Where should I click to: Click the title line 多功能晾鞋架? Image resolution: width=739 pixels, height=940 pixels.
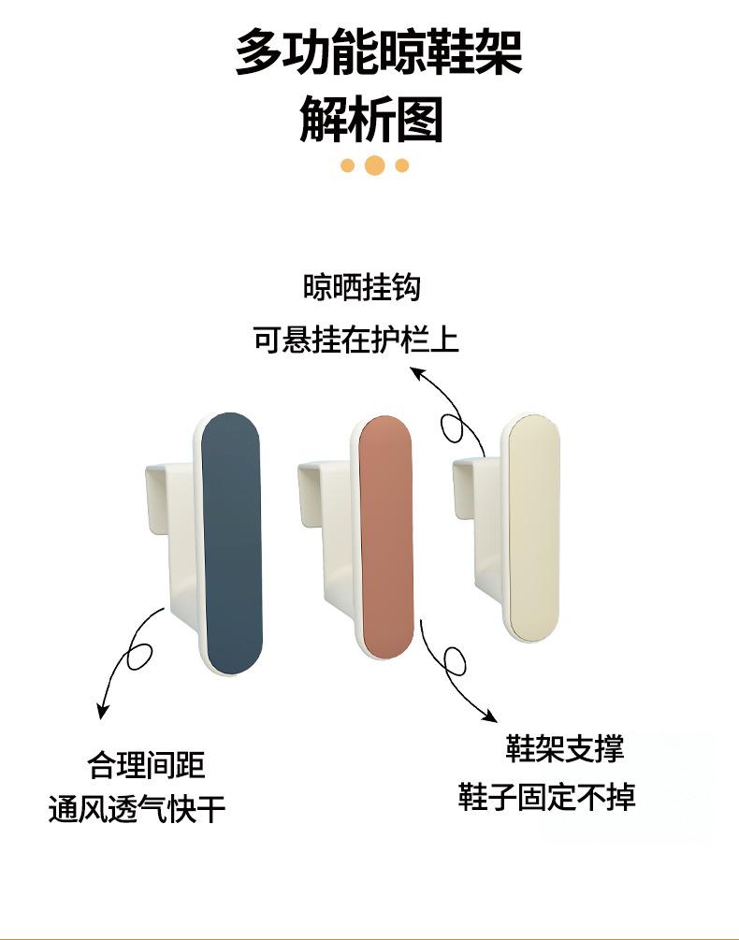(x=378, y=52)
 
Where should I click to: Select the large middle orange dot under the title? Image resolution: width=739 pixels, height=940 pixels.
(x=375, y=166)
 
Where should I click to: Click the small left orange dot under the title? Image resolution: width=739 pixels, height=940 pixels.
(x=348, y=166)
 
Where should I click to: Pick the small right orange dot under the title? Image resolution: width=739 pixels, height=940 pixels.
(x=402, y=166)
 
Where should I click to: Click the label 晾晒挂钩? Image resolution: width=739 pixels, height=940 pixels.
(x=361, y=287)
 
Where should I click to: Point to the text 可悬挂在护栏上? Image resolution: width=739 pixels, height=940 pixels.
(x=355, y=339)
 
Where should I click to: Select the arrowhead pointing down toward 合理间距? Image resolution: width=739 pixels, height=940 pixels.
(x=102, y=712)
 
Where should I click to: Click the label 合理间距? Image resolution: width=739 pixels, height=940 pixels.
(x=146, y=766)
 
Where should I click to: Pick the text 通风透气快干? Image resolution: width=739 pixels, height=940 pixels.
(x=137, y=809)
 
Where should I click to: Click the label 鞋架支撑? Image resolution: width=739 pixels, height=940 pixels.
(x=564, y=748)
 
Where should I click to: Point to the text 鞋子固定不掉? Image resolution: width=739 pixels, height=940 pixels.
(x=546, y=797)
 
